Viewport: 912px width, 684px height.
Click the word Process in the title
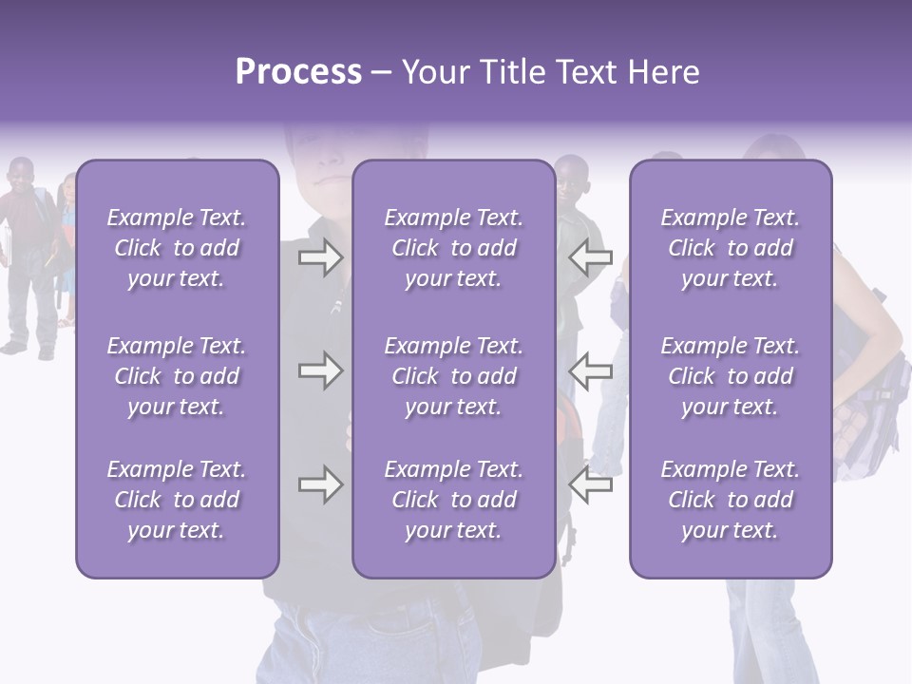[298, 72]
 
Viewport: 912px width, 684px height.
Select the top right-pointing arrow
[320, 257]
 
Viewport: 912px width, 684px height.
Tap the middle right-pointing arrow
[320, 370]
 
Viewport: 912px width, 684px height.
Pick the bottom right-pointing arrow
[320, 485]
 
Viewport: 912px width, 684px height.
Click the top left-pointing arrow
[591, 257]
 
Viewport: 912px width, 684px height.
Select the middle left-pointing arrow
[591, 370]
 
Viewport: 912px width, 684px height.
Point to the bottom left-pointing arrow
[591, 485]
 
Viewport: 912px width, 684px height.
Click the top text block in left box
[177, 248]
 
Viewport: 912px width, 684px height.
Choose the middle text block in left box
[177, 376]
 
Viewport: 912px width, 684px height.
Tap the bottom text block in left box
[177, 500]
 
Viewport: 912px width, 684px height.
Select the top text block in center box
[453, 248]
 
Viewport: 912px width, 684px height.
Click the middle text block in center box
[453, 376]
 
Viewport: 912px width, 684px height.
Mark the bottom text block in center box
[453, 500]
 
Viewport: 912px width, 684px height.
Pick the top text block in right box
[730, 248]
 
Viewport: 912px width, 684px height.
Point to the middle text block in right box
[730, 376]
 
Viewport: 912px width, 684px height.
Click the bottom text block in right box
[730, 500]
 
